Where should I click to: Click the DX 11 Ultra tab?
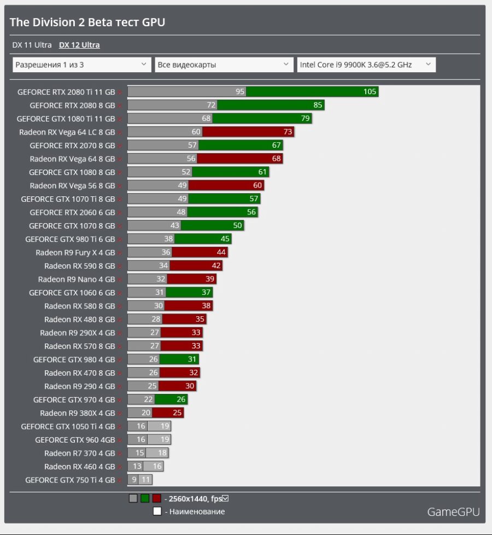32,45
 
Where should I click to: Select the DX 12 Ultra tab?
79,45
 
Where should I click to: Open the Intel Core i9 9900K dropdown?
366,65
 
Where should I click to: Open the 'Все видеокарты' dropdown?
224,65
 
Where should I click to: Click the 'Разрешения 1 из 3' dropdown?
81,65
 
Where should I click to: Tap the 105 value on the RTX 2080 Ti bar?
370,92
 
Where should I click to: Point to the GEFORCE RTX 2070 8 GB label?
72,146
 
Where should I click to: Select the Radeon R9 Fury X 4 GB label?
75,253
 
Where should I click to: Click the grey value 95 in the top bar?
239,92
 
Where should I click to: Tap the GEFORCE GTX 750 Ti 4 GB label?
70,480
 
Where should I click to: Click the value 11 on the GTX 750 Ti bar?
145,480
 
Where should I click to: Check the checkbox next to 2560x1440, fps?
225,498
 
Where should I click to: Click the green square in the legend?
144,498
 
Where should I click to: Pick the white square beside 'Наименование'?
157,511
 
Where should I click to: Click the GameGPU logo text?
453,512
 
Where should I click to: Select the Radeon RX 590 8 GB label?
79,266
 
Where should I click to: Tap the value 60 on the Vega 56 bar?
257,185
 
